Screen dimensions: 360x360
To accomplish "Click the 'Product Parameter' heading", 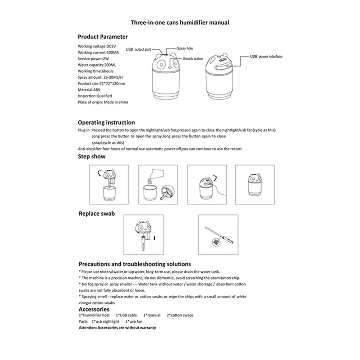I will point(102,37).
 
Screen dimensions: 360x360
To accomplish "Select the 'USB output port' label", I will point(138,49).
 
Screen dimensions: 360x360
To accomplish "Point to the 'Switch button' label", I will point(193,59).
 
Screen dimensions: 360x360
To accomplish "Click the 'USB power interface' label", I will point(266,56).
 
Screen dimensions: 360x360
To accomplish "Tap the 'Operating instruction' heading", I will point(106,123).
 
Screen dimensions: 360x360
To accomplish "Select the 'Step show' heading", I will point(92,157).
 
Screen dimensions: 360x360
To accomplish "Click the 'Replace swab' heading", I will point(96,214).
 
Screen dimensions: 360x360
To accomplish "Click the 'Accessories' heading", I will point(94,309).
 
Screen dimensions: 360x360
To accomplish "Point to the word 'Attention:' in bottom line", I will point(87,328).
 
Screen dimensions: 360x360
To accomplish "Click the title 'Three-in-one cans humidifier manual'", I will point(180,22).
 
